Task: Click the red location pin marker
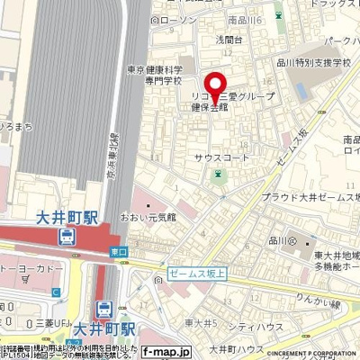click(214, 82)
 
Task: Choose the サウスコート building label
click(220, 157)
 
